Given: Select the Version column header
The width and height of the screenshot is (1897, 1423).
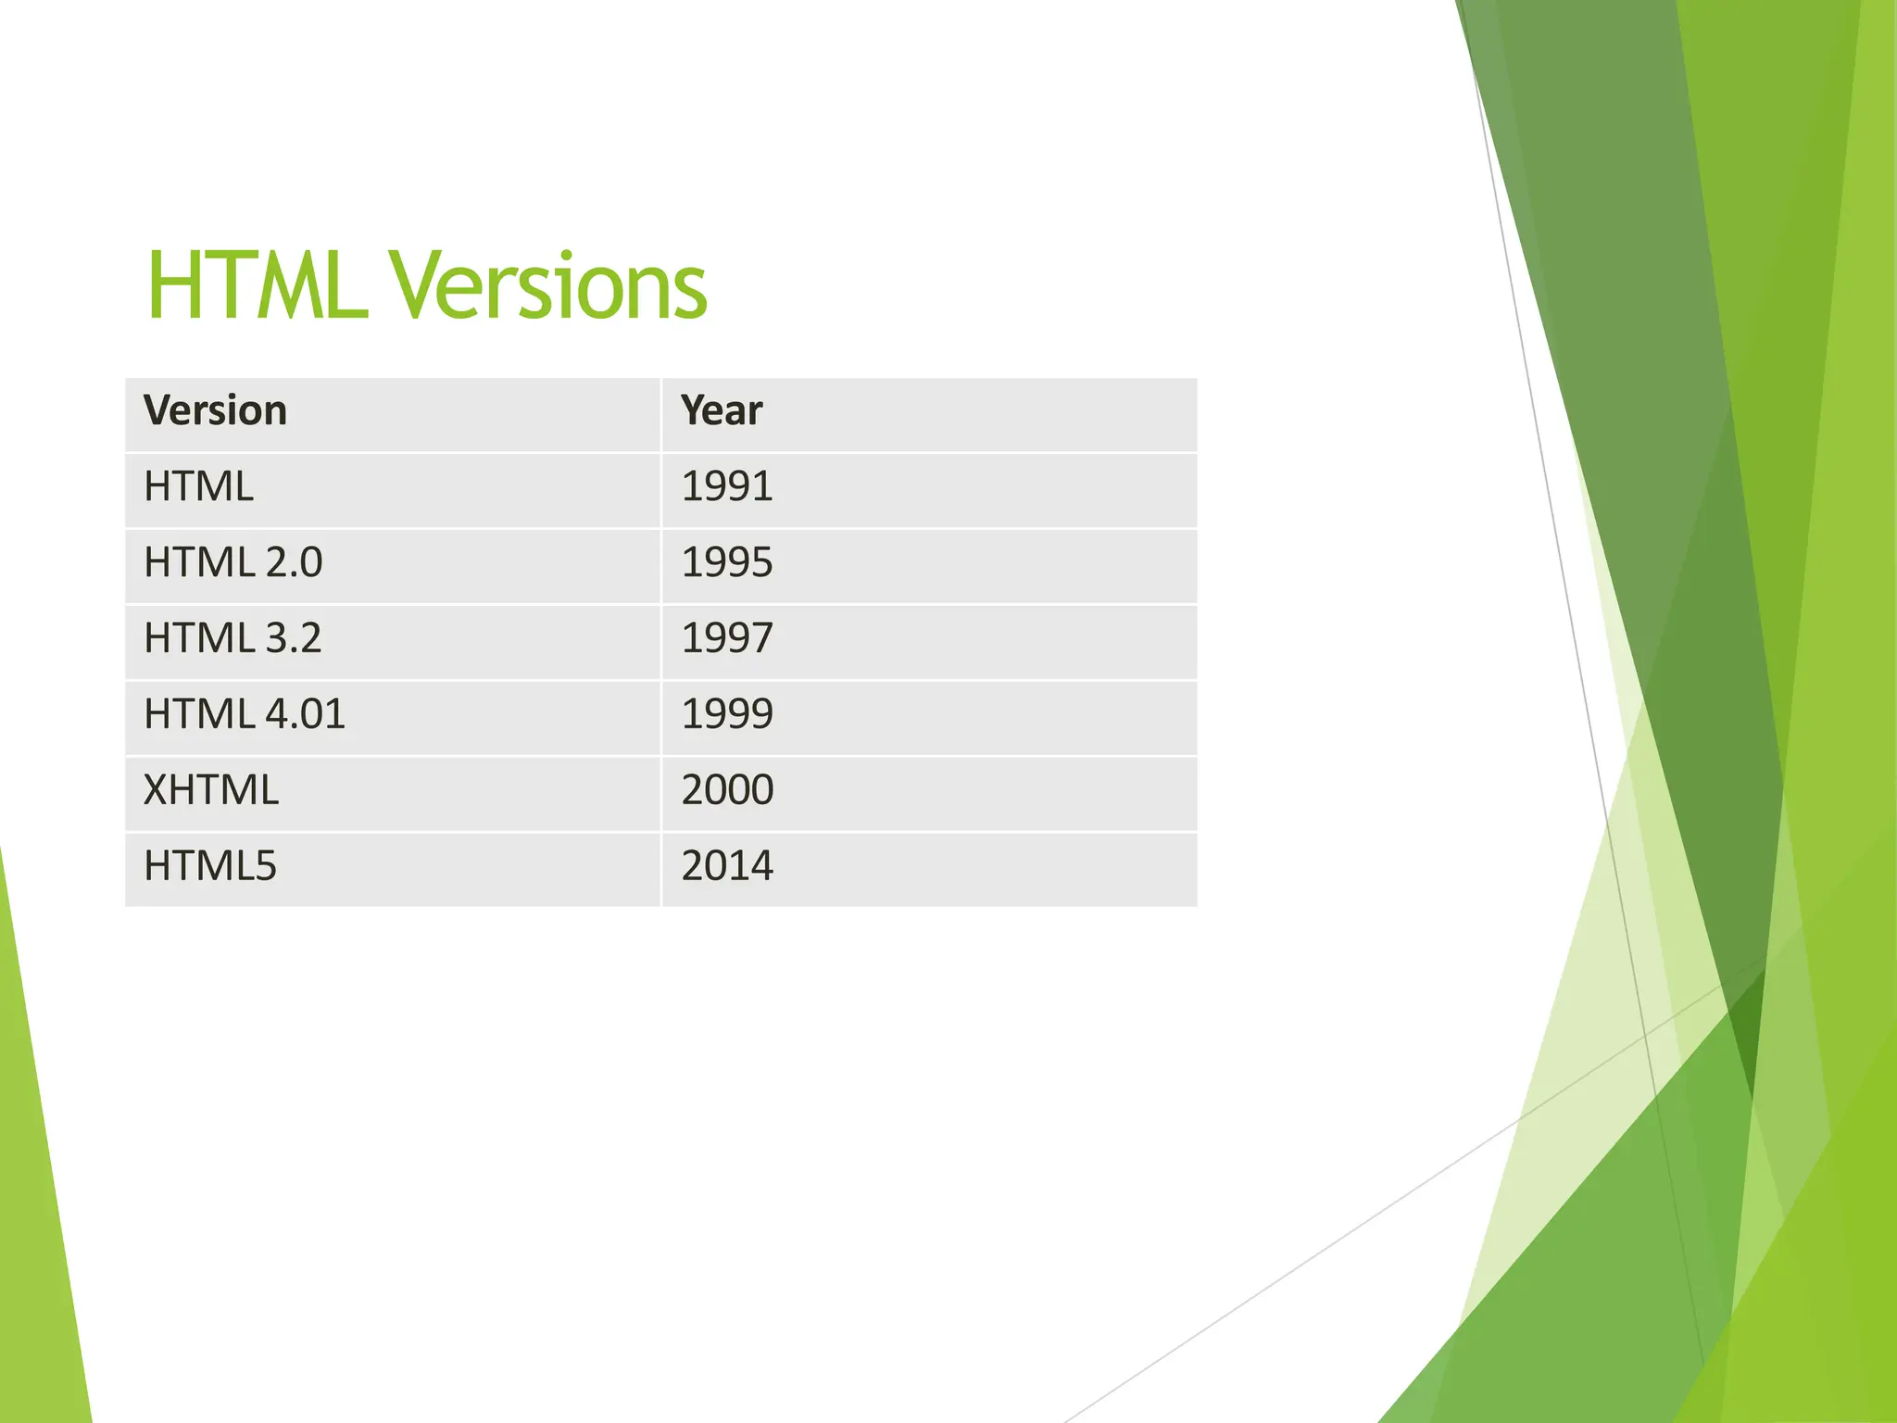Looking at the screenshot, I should tap(215, 410).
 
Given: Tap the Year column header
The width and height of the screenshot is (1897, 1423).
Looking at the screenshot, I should tap(722, 410).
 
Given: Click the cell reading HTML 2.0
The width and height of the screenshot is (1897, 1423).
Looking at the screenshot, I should tap(232, 562).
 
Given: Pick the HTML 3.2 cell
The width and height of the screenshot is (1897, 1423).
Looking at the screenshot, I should tap(232, 638).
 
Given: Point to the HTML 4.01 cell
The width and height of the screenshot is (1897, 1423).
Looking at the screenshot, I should tap(245, 714).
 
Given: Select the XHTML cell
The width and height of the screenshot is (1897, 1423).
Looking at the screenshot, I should tap(211, 790).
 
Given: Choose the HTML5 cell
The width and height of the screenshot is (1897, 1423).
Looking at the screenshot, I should tap(210, 866).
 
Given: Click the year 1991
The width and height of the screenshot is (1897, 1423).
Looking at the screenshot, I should tap(727, 486).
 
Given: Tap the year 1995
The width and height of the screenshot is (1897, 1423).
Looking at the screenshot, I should tap(727, 562).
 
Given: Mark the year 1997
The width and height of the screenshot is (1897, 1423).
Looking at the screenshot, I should tap(727, 638).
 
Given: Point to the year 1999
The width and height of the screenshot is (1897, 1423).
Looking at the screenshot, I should tap(727, 714).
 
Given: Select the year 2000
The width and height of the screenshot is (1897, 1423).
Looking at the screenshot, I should tap(727, 790).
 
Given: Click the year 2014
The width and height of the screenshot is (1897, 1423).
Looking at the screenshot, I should tap(727, 866).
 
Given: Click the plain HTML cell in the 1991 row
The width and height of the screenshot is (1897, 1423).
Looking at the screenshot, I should tap(198, 486).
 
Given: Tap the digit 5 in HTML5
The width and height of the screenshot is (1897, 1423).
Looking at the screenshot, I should tap(266, 866).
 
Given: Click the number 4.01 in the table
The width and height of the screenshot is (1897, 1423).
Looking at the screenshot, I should tap(305, 714).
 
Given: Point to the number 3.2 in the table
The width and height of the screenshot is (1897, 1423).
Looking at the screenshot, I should tap(294, 638).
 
